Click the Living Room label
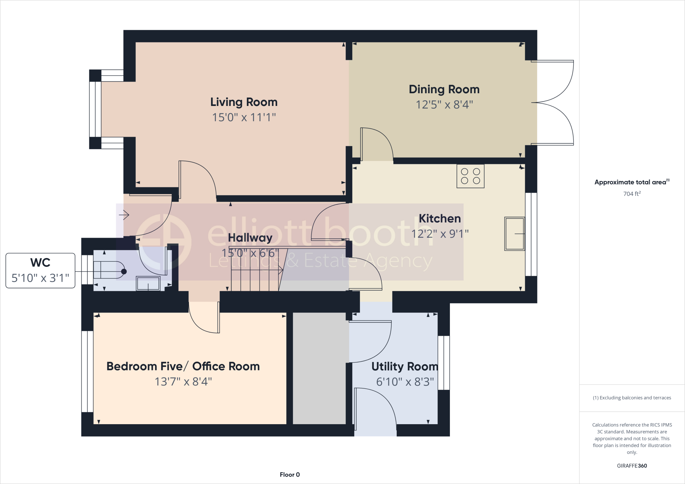click(244, 102)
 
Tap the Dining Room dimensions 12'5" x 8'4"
click(444, 105)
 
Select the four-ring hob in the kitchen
click(470, 176)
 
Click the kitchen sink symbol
click(514, 234)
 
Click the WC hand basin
click(148, 284)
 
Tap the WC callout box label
click(40, 263)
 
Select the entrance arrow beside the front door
click(124, 215)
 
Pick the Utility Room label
click(405, 367)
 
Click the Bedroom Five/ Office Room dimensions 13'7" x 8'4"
click(183, 382)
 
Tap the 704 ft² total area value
click(632, 194)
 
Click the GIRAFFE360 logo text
click(632, 466)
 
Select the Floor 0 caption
click(290, 475)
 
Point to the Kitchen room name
click(440, 219)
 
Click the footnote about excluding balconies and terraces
click(632, 398)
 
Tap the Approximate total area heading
click(630, 182)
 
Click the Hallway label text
click(250, 238)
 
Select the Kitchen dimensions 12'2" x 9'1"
click(440, 234)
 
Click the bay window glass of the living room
click(95, 109)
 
